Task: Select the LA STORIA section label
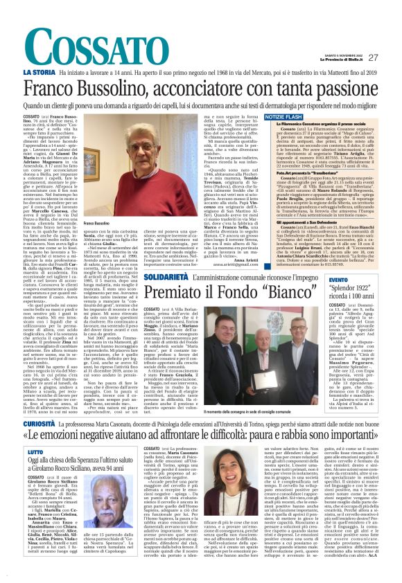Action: click(40, 72)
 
